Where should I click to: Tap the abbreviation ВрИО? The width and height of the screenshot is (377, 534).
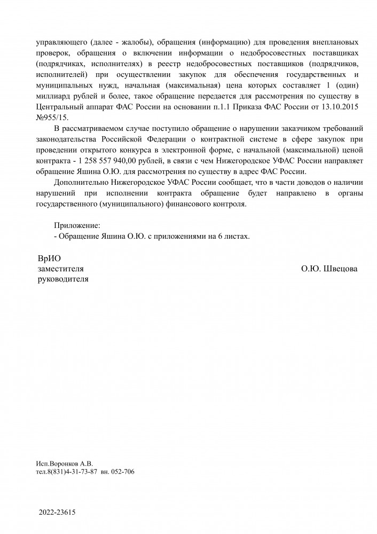50,258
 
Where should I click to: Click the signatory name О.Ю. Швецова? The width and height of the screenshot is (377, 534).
329,269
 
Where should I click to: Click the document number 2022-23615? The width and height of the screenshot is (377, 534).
57,513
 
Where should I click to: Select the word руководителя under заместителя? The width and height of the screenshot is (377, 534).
61,279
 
